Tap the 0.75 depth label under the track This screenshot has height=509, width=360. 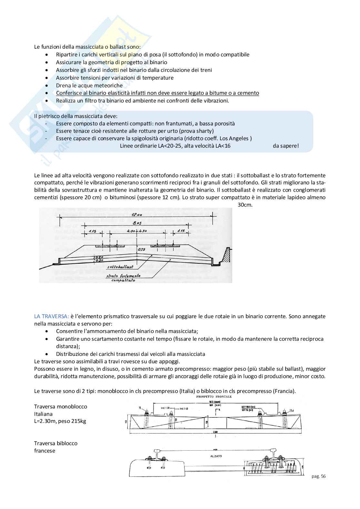[141, 249]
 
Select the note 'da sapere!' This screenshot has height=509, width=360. [285, 146]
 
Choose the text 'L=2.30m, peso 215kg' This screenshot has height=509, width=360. [60, 421]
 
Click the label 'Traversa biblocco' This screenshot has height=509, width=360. [56, 443]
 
